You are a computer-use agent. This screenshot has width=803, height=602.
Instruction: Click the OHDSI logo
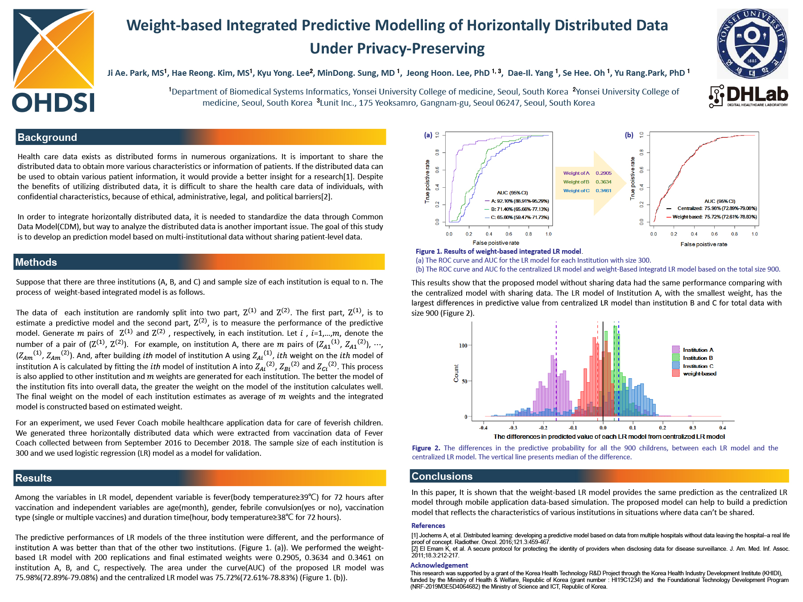point(54,61)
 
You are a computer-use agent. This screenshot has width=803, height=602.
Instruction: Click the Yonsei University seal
point(752,44)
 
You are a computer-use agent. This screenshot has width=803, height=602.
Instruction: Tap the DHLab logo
point(748,96)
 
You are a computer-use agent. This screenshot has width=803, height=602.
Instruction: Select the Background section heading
point(47,137)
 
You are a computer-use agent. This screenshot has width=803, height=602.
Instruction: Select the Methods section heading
point(36,262)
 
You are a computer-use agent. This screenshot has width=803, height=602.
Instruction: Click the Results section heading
point(33,478)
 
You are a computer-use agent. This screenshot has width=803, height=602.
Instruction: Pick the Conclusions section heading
point(442,476)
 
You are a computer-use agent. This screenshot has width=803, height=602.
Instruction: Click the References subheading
point(428,526)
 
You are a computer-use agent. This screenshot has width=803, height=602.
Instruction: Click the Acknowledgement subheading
point(439,565)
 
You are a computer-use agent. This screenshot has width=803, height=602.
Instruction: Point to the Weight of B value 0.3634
point(603,182)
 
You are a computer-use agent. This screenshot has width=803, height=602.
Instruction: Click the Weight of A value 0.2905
point(603,173)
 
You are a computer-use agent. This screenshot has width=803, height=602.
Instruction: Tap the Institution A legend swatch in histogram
point(676,350)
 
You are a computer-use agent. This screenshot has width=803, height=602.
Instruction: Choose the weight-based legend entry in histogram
point(699,374)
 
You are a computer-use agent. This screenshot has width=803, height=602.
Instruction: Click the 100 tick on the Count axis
point(463,346)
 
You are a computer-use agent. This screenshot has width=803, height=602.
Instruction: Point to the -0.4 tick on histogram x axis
point(483,428)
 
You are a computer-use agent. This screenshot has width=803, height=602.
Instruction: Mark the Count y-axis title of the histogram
point(456,373)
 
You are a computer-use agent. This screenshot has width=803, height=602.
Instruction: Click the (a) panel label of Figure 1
point(428,135)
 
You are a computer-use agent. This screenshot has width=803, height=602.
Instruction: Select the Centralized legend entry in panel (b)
point(689,208)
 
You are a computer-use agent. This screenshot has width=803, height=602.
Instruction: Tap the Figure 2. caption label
point(426,448)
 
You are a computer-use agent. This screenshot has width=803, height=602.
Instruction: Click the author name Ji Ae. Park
point(135,73)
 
